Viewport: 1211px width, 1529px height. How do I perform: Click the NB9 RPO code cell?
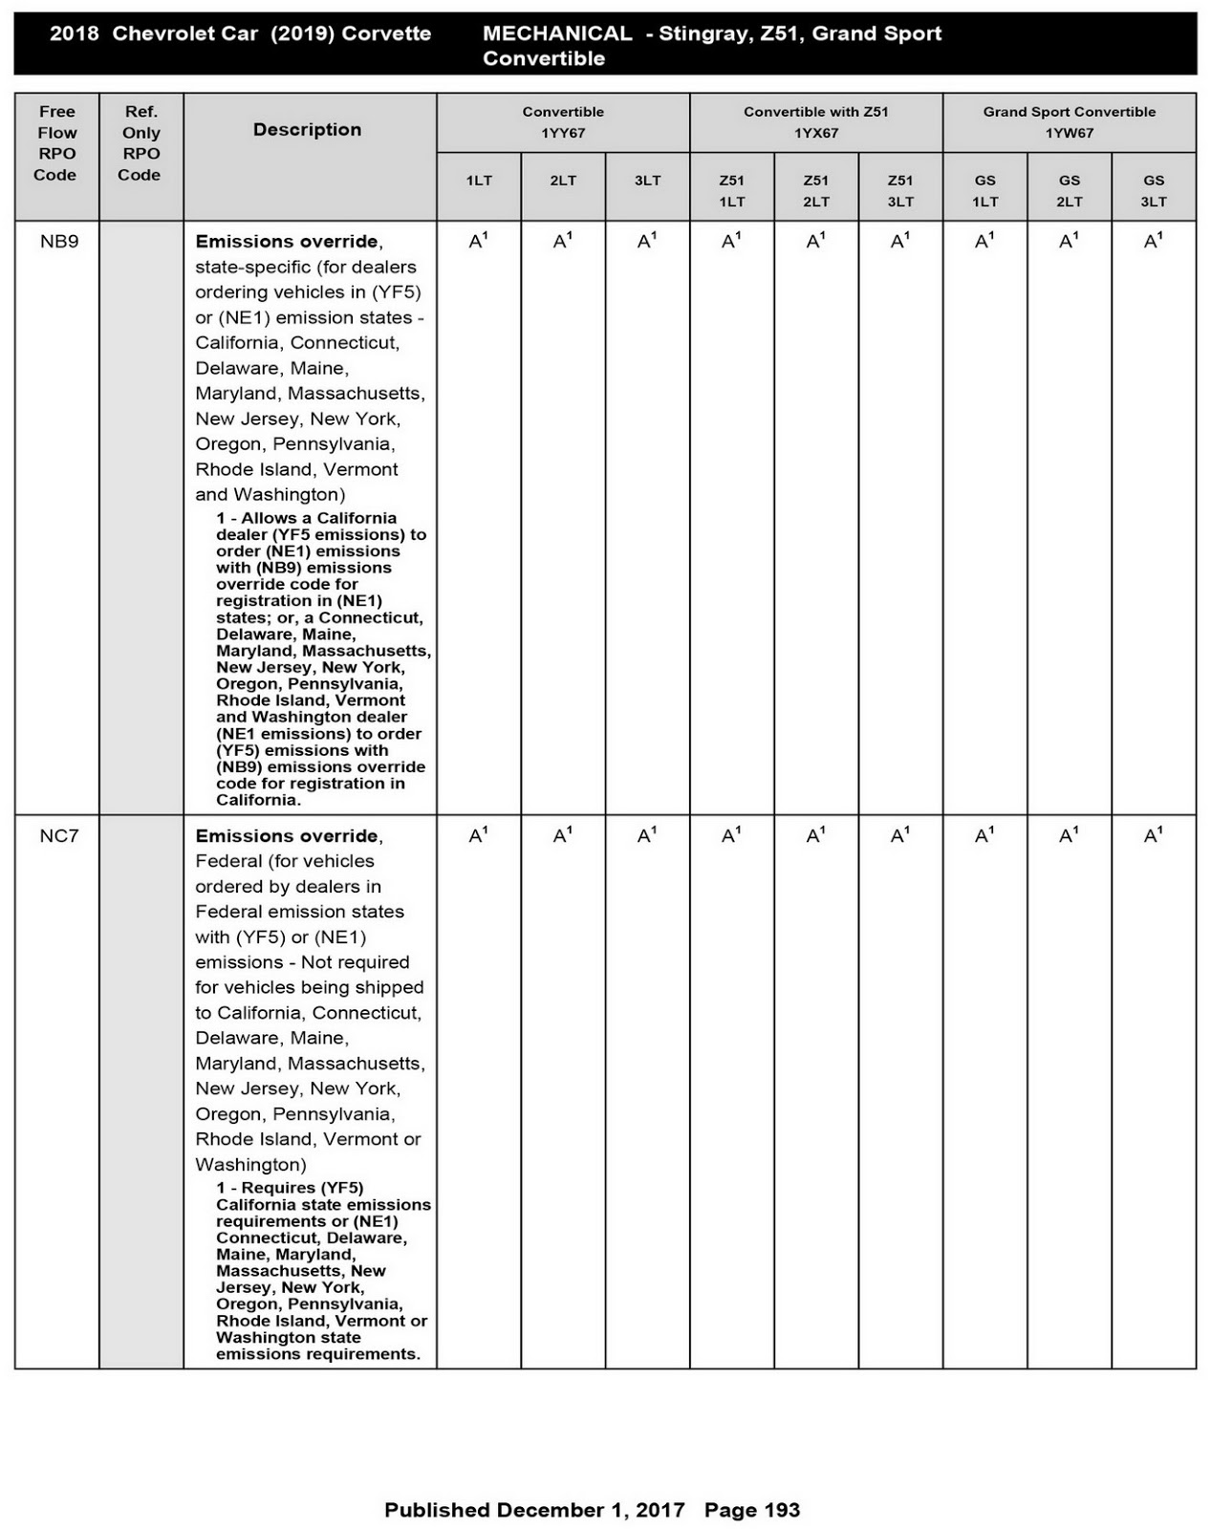tap(59, 242)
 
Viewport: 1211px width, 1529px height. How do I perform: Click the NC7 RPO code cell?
tap(59, 836)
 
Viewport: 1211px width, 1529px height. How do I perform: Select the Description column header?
tap(307, 130)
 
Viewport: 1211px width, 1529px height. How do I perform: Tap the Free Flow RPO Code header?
tap(56, 143)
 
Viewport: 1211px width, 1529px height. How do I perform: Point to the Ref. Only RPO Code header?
tap(141, 143)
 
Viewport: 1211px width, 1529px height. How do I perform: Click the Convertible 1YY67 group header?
tap(563, 122)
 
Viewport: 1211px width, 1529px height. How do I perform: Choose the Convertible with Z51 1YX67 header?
tap(816, 122)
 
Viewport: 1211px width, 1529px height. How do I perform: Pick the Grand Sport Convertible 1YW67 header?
tap(1069, 122)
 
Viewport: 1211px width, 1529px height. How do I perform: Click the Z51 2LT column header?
tap(816, 190)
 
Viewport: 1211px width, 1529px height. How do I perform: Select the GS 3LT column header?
tap(1154, 190)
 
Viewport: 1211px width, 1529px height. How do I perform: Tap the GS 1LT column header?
tap(984, 190)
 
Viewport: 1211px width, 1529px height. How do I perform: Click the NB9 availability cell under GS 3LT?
tap(1153, 242)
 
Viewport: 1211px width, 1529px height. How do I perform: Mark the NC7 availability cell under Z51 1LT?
tap(731, 836)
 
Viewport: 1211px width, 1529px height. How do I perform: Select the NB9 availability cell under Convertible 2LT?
tap(563, 242)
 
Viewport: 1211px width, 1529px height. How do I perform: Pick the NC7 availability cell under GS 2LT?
tap(1069, 836)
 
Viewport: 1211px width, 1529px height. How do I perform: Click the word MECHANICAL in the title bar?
tap(556, 33)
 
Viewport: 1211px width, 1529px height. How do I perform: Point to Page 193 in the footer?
tap(752, 1510)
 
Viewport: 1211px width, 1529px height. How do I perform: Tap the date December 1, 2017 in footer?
tap(591, 1510)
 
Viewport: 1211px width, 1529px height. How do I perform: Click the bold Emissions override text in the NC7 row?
tap(287, 836)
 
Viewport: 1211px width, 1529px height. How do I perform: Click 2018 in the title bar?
tap(74, 33)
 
